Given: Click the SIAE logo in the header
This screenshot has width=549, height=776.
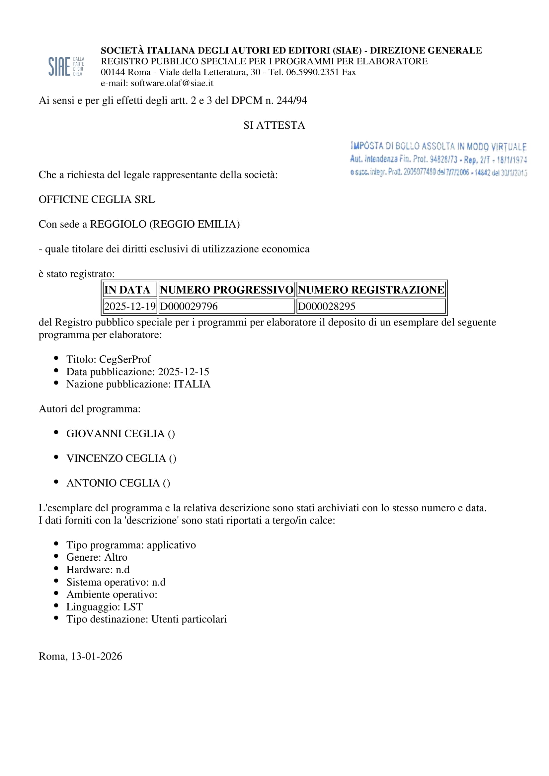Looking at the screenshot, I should (x=66, y=66).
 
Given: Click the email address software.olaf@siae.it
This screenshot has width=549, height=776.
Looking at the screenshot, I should (x=172, y=83).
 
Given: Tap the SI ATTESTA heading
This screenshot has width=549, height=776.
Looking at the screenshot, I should (x=274, y=125).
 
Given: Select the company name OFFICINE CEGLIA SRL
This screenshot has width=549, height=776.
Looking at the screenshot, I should (x=97, y=199).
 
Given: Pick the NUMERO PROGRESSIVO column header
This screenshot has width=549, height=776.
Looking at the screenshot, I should (x=226, y=290).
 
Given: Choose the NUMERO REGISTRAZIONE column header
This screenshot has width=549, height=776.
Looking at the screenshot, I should (x=371, y=290).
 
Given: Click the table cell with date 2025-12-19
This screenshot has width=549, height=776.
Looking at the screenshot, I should (x=130, y=306).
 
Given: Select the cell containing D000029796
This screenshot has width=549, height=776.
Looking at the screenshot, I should (x=189, y=306).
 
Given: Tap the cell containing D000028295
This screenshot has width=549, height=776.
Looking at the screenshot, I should (x=327, y=306).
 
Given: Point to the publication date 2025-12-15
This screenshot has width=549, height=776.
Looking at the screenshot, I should (x=184, y=372).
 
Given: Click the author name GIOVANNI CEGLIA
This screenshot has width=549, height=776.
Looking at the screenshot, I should (x=115, y=433).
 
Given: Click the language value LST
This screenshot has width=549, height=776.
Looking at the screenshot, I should (x=133, y=607).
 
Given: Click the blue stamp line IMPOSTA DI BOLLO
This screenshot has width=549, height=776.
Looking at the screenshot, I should (x=438, y=146).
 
